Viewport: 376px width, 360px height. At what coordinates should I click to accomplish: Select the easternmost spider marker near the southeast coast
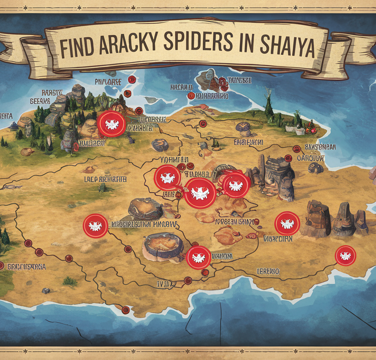[346, 255]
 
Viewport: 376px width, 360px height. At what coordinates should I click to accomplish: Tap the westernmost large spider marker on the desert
[95, 226]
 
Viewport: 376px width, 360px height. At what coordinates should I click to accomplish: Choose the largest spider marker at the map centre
[200, 193]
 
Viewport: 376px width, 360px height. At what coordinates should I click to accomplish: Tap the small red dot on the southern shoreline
[126, 310]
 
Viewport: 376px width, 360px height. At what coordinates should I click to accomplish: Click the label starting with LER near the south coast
[268, 271]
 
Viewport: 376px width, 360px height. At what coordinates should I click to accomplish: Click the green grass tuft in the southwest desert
[70, 281]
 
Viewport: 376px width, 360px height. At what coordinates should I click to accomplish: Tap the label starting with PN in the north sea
[108, 82]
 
